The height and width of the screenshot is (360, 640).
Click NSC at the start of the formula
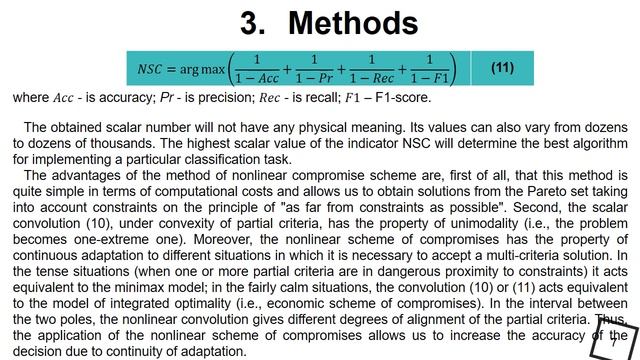coord(153,69)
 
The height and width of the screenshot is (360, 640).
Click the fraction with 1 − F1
coord(437,68)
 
